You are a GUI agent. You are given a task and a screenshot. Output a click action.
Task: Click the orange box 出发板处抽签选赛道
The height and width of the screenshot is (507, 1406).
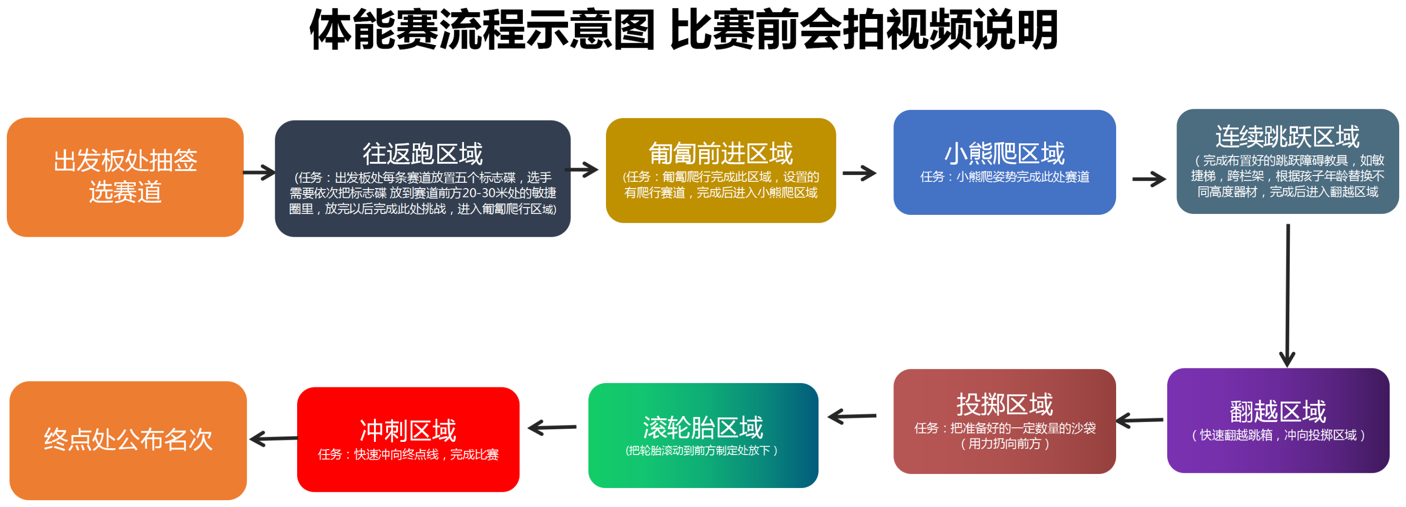coord(125,177)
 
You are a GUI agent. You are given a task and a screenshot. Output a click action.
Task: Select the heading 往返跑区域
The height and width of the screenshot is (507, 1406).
coord(423,154)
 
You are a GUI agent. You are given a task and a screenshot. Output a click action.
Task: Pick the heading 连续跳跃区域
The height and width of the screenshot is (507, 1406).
coord(1287,137)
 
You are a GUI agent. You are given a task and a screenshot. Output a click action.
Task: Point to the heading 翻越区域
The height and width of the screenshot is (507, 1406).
coord(1278,412)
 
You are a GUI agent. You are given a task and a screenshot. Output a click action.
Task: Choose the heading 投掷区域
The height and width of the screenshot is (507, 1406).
coord(1004,404)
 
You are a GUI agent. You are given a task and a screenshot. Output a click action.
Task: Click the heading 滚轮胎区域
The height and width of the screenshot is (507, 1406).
coord(703,427)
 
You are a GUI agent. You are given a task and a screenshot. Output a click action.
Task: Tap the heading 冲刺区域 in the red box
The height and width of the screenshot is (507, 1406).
coord(408,431)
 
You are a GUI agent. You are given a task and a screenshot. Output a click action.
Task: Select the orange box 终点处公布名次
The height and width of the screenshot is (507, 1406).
coord(128,440)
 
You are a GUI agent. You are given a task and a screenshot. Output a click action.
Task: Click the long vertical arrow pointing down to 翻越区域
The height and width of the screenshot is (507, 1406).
coord(1287,295)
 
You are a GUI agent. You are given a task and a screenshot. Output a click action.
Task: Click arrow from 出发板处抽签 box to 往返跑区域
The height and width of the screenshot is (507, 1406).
coord(259,173)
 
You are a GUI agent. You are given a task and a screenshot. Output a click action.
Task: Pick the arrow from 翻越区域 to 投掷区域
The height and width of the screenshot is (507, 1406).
coord(1139,420)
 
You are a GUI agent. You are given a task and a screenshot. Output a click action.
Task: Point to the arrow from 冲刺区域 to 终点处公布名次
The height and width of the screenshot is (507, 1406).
coord(273,438)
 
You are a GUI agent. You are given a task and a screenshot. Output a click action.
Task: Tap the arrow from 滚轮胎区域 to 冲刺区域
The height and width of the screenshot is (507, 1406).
coord(552,427)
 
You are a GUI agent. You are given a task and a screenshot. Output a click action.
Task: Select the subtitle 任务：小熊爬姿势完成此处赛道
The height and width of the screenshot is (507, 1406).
coord(1004,177)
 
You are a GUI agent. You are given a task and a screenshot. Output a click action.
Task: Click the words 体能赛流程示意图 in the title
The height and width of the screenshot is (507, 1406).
coord(482,30)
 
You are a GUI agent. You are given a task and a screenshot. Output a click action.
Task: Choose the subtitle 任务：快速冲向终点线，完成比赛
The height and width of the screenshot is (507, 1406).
coord(408,455)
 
